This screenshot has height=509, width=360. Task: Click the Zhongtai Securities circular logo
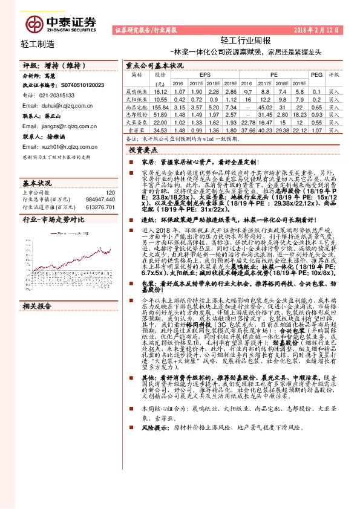34,24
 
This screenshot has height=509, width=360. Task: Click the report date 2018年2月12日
318,30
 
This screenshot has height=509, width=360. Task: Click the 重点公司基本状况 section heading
154,65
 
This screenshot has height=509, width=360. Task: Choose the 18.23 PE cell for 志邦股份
299,113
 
